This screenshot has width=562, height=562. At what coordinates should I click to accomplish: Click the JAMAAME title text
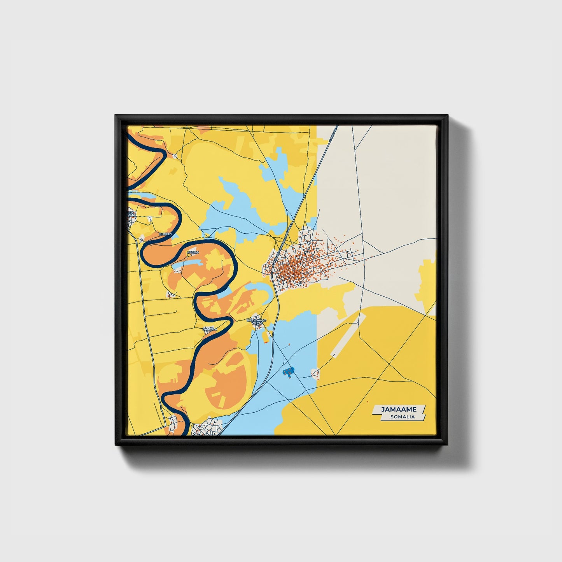click(398, 410)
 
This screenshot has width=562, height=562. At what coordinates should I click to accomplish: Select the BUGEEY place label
click(165, 235)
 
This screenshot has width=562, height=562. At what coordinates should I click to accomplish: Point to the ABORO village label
click(193, 252)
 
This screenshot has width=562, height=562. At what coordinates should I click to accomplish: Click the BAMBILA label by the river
click(210, 329)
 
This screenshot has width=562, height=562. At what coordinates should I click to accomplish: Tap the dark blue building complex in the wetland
click(288, 372)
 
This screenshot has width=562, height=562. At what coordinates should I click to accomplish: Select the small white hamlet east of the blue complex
click(315, 373)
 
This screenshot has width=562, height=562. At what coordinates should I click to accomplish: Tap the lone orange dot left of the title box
click(367, 402)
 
